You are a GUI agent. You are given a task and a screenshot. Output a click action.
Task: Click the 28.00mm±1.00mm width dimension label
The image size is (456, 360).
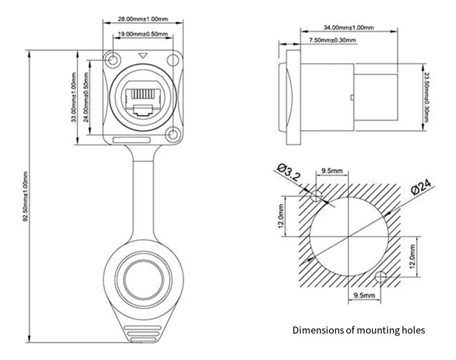[x=142, y=19]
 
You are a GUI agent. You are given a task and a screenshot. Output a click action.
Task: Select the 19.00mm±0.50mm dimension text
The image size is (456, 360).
[x=142, y=34]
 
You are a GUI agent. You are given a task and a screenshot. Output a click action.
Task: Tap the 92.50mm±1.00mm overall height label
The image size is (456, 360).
[x=25, y=196]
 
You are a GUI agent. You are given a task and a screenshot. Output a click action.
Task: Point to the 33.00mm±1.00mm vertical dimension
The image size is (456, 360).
[x=74, y=97]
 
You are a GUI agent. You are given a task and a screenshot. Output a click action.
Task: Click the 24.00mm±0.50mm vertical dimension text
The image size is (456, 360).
[x=86, y=97]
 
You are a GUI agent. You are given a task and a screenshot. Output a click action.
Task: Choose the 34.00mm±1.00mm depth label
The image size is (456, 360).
[x=349, y=28]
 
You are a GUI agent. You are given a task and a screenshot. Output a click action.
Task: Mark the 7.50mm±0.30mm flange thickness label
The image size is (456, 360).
[x=332, y=40]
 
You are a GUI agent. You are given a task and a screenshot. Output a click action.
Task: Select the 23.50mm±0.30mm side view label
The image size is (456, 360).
[x=426, y=97]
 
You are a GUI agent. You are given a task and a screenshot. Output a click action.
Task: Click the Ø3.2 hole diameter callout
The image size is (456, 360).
[x=288, y=172]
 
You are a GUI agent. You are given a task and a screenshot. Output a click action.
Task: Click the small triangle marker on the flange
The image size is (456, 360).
[x=142, y=55]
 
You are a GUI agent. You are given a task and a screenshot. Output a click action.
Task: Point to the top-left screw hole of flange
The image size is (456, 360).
[x=113, y=61]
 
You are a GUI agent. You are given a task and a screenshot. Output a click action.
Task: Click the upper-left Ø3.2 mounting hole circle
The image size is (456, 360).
[x=316, y=196]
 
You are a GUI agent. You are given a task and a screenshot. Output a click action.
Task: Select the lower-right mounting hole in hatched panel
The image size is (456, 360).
[x=381, y=277]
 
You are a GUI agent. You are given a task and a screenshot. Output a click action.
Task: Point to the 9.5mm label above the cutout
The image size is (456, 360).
[x=332, y=170]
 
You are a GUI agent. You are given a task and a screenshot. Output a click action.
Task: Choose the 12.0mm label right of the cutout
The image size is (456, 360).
[x=412, y=257]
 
